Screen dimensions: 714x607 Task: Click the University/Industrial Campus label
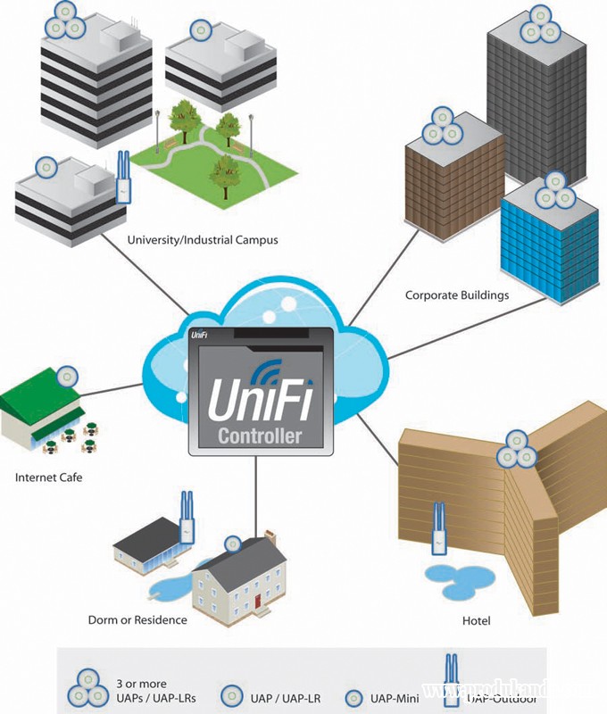coord(203,239)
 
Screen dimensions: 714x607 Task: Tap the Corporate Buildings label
coord(456,294)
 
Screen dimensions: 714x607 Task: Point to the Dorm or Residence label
coord(137,619)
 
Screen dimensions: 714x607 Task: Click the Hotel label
coord(478,619)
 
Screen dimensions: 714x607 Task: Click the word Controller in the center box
coord(260,436)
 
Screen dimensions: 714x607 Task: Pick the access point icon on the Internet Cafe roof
coord(65,376)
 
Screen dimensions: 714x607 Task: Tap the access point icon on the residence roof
coord(232,543)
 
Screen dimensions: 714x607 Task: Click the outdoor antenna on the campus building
coord(122,178)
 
